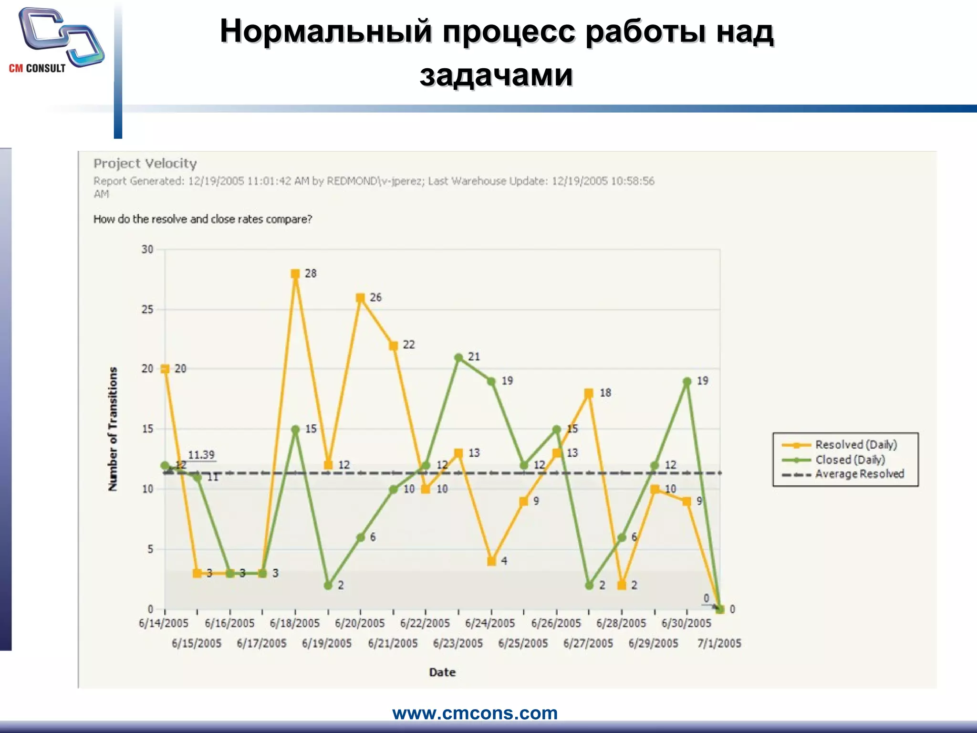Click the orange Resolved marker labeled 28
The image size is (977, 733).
pyautogui.click(x=295, y=274)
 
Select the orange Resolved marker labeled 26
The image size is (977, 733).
pyautogui.click(x=361, y=298)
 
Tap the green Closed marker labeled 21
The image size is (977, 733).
pyautogui.click(x=458, y=357)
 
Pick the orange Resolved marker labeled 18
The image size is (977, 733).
pyautogui.click(x=589, y=393)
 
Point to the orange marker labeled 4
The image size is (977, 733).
pyautogui.click(x=491, y=561)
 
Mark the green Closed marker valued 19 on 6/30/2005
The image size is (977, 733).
pyautogui.click(x=687, y=381)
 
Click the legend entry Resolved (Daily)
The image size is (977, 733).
pyautogui.click(x=856, y=445)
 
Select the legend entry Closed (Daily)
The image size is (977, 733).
pyautogui.click(x=850, y=460)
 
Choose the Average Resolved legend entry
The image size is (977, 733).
pyautogui.click(x=859, y=474)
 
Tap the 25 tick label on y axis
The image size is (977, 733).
pyautogui.click(x=147, y=309)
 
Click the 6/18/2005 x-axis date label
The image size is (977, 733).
pyautogui.click(x=294, y=623)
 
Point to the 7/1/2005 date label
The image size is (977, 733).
pyautogui.click(x=719, y=643)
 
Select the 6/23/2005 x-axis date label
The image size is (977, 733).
pyautogui.click(x=458, y=643)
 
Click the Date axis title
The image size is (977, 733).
pyautogui.click(x=442, y=672)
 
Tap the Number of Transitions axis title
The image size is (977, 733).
pyautogui.click(x=113, y=429)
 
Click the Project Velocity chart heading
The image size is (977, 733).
pyautogui.click(x=145, y=164)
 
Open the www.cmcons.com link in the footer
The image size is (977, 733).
pyautogui.click(x=475, y=713)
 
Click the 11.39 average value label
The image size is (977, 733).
pyautogui.click(x=201, y=455)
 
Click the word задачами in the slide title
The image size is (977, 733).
pyautogui.click(x=496, y=75)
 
